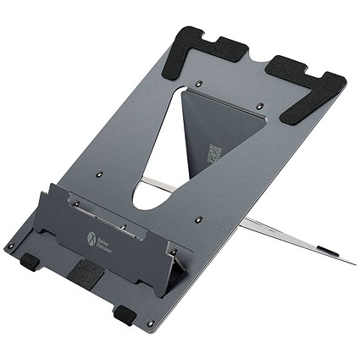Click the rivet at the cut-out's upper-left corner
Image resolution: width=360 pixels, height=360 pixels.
tap(197, 85)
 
